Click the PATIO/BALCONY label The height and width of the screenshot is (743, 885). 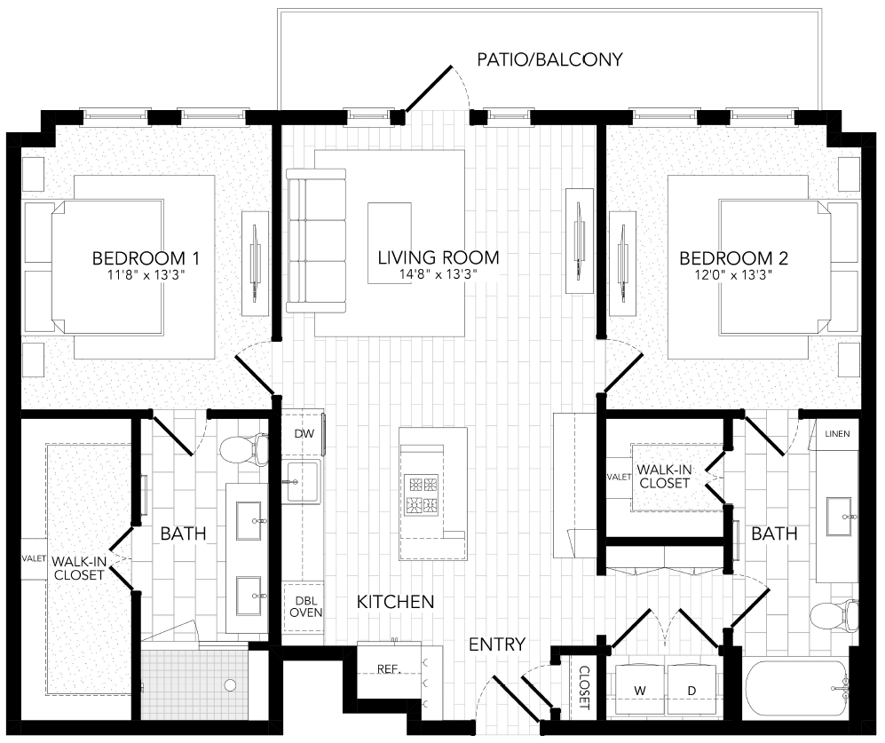point(549,60)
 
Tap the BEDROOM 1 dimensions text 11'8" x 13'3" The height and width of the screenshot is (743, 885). point(146,275)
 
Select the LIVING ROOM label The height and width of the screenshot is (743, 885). point(439,258)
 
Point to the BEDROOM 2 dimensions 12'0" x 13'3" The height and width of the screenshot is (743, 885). point(732,275)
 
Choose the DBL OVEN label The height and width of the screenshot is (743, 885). point(304,606)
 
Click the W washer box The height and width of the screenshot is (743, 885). point(638,690)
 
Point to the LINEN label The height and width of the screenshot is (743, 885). point(837,434)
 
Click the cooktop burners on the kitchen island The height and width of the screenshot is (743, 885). point(422,495)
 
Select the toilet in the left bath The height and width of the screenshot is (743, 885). point(243,449)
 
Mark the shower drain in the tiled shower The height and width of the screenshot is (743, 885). point(230,684)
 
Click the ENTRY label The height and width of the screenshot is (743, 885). point(497,644)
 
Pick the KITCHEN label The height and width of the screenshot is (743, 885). point(395,602)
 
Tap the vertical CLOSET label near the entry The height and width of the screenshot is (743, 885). point(584,688)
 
